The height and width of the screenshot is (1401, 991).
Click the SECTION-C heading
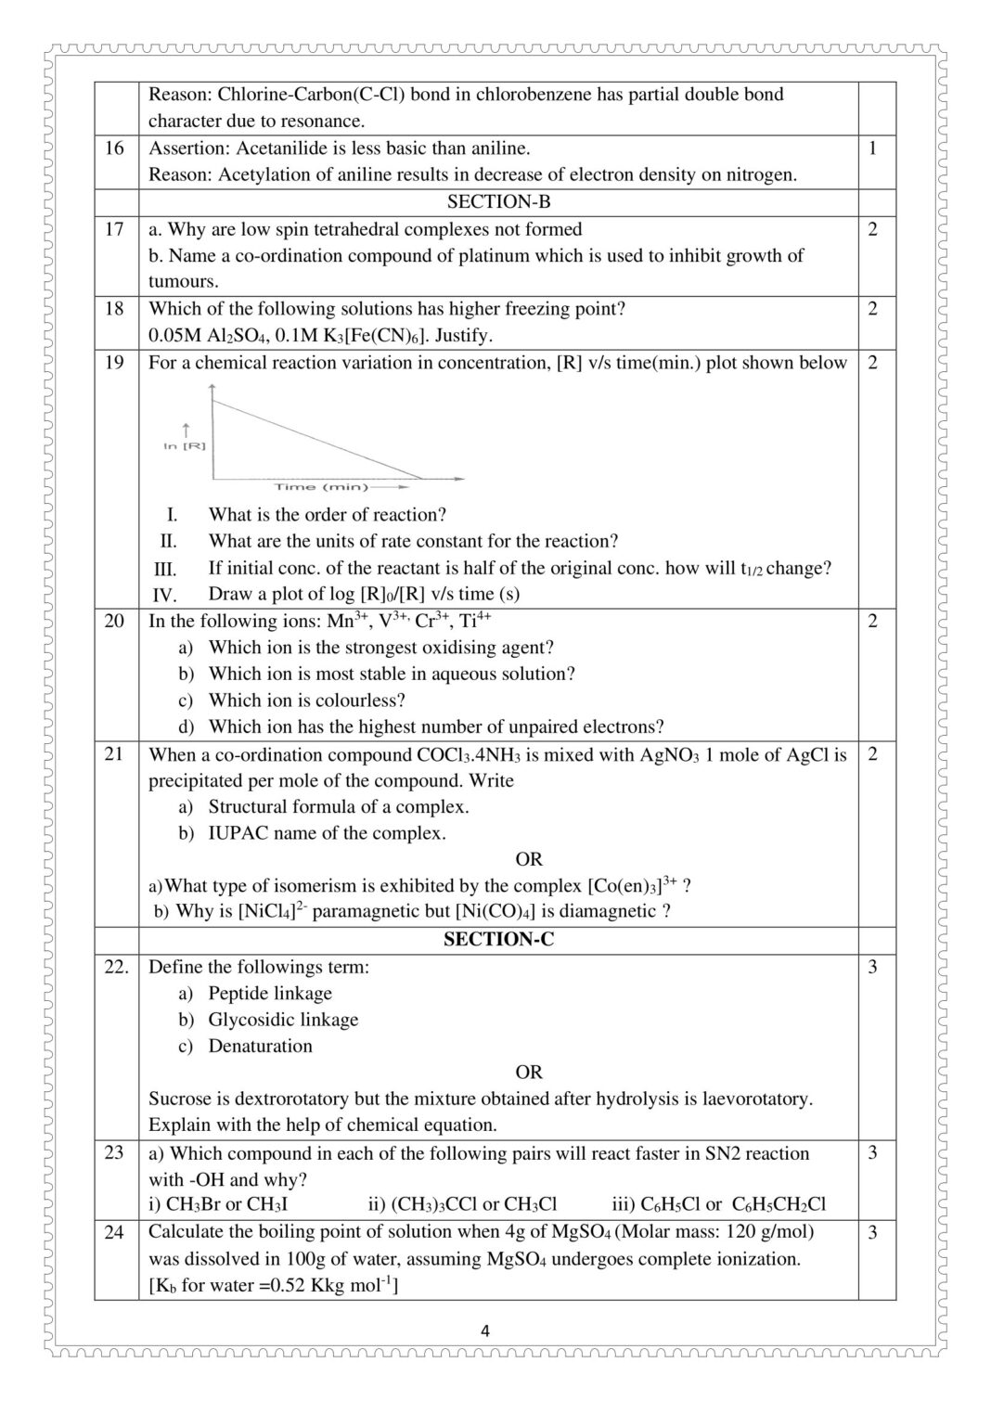pyautogui.click(x=498, y=939)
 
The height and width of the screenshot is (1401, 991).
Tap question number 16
pyautogui.click(x=114, y=148)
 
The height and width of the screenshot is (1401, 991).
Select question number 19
pyautogui.click(x=114, y=363)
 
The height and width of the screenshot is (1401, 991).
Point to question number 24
pyautogui.click(x=114, y=1232)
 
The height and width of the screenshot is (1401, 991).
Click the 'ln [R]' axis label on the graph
pyautogui.click(x=185, y=446)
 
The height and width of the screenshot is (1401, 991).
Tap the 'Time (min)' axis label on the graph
pyautogui.click(x=321, y=486)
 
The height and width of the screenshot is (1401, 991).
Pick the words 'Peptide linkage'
pyautogui.click(x=270, y=993)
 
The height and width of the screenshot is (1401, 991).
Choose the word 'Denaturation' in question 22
pyautogui.click(x=260, y=1046)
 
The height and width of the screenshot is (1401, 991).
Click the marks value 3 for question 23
pyautogui.click(x=871, y=1153)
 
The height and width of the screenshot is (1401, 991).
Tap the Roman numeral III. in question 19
pyautogui.click(x=165, y=569)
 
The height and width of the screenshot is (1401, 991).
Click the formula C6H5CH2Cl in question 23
pyautogui.click(x=779, y=1204)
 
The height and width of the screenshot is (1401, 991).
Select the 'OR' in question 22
pyautogui.click(x=529, y=1072)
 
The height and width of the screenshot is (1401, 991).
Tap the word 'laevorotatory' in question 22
pyautogui.click(x=751, y=1099)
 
